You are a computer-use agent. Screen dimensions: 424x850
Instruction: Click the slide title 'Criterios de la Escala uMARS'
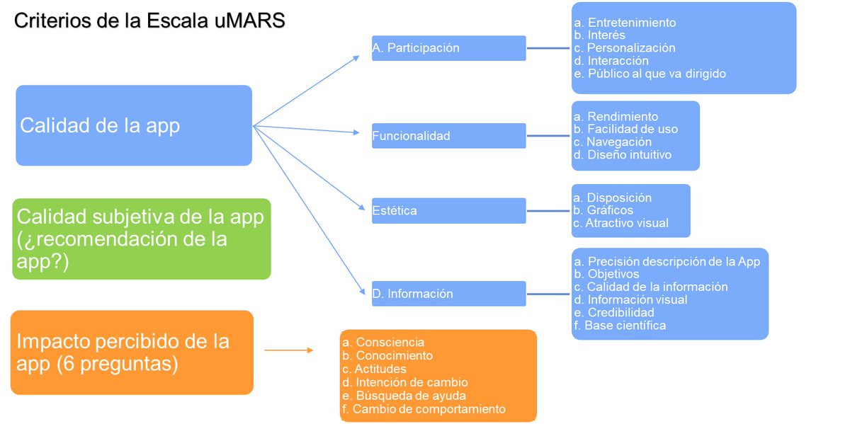149,21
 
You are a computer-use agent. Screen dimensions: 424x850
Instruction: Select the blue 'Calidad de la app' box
134,125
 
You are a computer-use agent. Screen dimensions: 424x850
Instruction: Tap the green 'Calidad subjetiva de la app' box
142,239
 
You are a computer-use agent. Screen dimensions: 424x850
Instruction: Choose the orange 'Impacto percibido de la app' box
132,352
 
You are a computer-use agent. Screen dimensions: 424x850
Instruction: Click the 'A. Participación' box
448,48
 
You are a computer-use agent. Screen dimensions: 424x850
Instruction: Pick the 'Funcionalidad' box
448,136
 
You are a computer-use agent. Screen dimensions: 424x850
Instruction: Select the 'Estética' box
448,210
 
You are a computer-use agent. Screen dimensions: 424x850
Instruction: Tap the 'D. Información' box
448,294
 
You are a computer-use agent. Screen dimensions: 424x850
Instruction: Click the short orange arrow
288,350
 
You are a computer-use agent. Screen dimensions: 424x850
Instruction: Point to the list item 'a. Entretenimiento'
625,23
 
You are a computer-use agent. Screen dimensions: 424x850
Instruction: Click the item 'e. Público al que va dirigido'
650,74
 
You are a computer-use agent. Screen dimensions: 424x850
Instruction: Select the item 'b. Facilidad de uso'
625,129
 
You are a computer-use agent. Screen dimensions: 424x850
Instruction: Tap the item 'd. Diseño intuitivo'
623,154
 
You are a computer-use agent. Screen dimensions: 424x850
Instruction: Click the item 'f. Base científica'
620,326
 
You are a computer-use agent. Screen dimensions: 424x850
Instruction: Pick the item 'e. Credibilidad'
614,312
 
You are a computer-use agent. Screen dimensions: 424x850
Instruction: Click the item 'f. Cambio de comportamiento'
424,408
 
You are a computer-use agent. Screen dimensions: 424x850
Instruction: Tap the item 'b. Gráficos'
603,210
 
